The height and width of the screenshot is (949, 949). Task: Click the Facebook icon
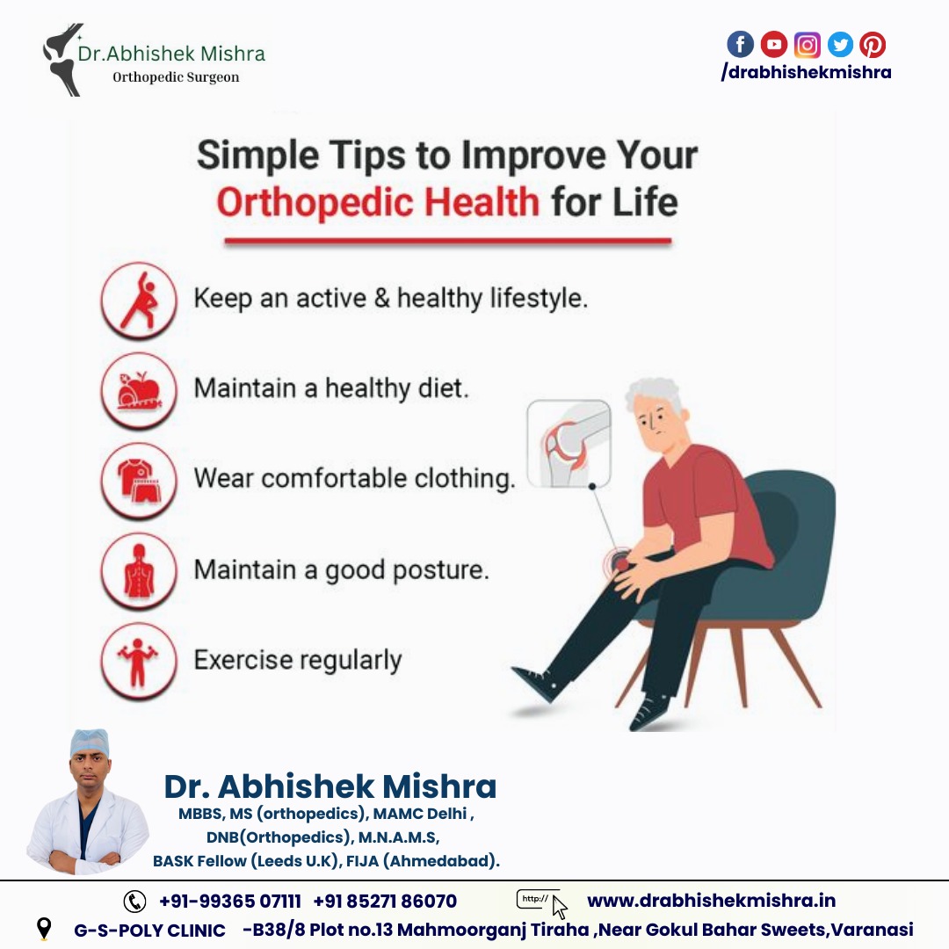click(x=740, y=44)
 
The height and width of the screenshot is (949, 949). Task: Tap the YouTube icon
click(x=773, y=44)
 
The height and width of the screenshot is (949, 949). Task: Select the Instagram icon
click(x=807, y=45)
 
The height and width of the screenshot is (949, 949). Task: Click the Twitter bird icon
click(x=840, y=45)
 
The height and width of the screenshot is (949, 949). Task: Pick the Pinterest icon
click(x=873, y=45)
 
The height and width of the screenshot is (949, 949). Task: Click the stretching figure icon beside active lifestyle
click(x=139, y=301)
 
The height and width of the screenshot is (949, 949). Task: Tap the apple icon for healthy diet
click(x=139, y=390)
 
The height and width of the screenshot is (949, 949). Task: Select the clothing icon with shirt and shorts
click(x=139, y=481)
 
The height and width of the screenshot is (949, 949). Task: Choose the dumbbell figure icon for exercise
click(x=139, y=661)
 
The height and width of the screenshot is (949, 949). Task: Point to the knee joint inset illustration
click(x=569, y=444)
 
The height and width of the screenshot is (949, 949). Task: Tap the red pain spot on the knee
click(x=619, y=563)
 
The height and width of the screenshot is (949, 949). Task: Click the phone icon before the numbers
click(x=134, y=902)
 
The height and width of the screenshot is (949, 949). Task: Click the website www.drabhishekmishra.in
click(x=711, y=901)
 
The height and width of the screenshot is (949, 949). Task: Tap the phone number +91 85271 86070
click(x=385, y=902)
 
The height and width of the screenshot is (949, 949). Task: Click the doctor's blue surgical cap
click(x=90, y=743)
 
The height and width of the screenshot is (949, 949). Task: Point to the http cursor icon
click(x=542, y=903)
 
